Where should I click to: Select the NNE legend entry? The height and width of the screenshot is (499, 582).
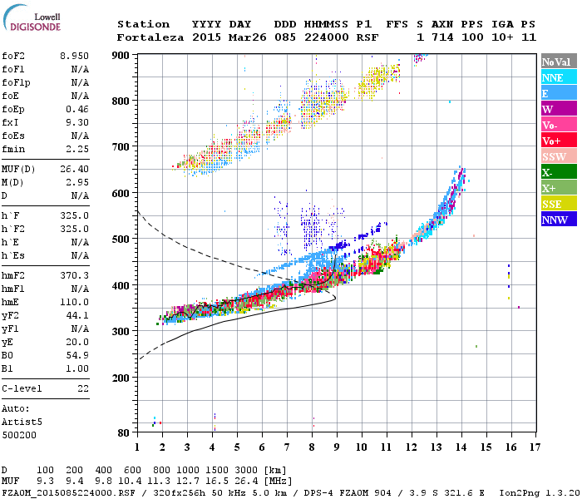click(552, 77)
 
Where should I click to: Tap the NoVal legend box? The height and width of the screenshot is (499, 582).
click(556, 62)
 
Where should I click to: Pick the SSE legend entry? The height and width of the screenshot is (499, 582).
click(552, 205)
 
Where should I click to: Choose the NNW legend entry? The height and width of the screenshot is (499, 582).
click(555, 220)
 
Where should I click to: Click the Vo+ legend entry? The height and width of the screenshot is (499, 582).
click(551, 141)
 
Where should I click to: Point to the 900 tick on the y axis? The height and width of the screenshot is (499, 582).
click(121, 55)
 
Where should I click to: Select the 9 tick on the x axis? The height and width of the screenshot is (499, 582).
click(337, 447)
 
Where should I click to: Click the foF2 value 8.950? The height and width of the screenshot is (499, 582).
click(75, 54)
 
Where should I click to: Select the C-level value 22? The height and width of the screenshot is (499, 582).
click(83, 388)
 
